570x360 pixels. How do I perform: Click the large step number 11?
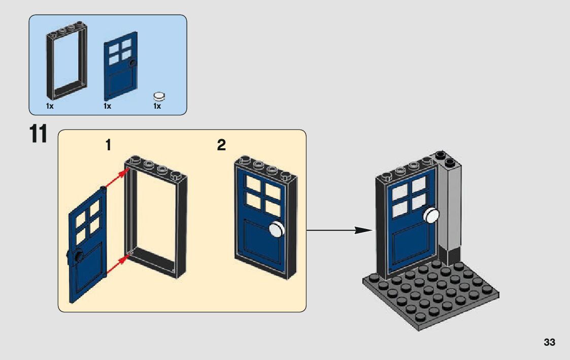[x=39, y=134]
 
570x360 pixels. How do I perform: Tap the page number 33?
[x=549, y=342]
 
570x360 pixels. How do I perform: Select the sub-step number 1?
[x=108, y=146]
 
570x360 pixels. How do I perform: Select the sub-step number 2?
[x=221, y=146]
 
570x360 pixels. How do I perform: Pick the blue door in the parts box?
[x=120, y=66]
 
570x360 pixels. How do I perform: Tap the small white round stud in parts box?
[x=159, y=95]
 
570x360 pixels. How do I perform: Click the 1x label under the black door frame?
[x=50, y=106]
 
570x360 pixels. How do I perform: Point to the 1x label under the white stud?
[x=157, y=106]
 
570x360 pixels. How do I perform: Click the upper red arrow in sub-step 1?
[x=116, y=179]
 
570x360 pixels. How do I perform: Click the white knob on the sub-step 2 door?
[x=276, y=230]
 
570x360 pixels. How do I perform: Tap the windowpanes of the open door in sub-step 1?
[x=87, y=222]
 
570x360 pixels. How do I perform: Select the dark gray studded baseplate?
[x=431, y=294]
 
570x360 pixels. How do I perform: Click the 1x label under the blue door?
[x=107, y=106]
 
